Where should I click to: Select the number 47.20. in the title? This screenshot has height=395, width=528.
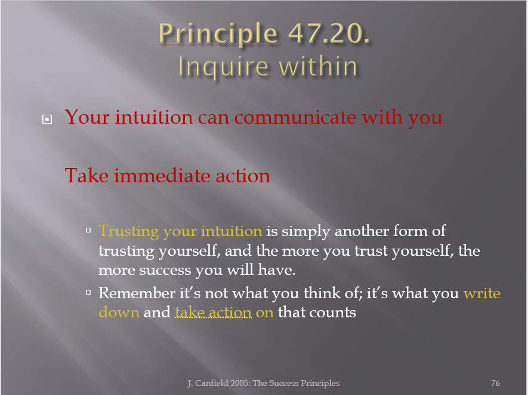[x=329, y=33]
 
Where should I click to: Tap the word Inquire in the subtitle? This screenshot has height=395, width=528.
[x=223, y=67]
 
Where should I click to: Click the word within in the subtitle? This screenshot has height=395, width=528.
[x=318, y=66]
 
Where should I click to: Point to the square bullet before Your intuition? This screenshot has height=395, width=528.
[x=47, y=119]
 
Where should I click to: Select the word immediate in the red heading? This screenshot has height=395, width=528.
[x=163, y=176]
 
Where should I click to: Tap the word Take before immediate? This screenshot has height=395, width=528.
[x=87, y=176]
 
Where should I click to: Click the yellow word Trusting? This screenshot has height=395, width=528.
[x=129, y=232]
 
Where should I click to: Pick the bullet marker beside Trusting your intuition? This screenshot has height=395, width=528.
[x=88, y=231]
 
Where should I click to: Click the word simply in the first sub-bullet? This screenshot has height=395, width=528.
[x=305, y=232]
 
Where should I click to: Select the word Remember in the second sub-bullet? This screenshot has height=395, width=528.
[x=137, y=293]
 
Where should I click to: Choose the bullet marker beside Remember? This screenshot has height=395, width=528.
[x=88, y=292]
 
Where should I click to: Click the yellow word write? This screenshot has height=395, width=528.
[x=482, y=293]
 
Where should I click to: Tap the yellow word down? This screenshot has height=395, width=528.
[x=119, y=313]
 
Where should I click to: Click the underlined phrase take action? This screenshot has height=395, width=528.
[x=213, y=313]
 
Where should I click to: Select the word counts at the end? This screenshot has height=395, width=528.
[x=334, y=313]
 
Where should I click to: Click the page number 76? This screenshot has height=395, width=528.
[x=495, y=383]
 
